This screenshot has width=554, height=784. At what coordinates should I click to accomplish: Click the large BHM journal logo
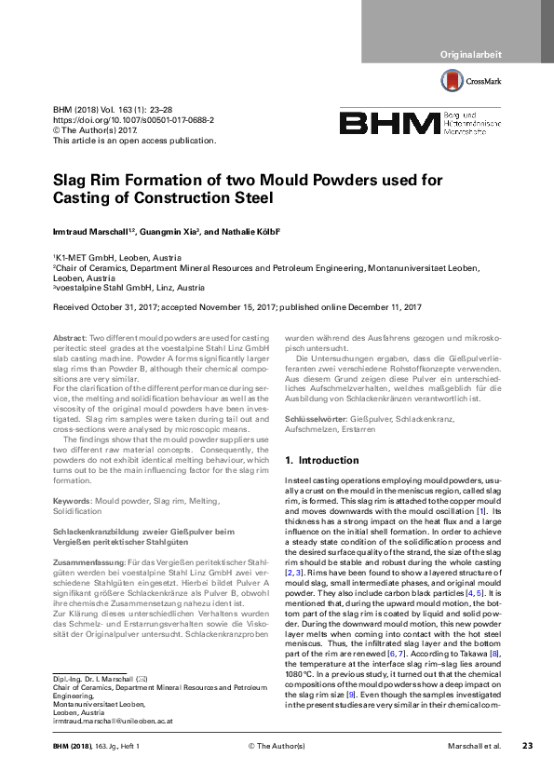click(388, 123)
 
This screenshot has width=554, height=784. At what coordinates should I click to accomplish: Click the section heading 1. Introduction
click(321, 460)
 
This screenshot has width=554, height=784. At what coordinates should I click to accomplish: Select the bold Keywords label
click(72, 501)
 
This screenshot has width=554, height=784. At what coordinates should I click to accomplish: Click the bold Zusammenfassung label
click(86, 563)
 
